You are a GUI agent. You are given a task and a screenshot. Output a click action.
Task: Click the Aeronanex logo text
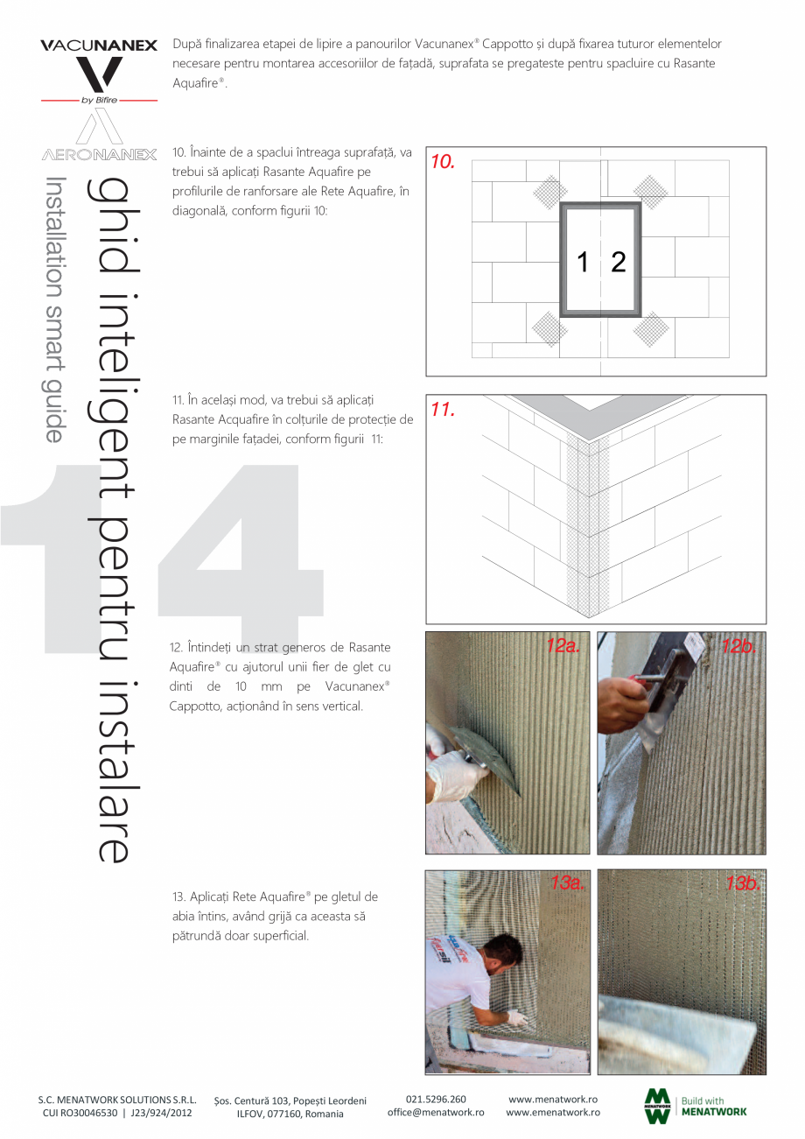(x=98, y=155)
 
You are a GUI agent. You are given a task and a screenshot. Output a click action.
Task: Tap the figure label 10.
(x=443, y=162)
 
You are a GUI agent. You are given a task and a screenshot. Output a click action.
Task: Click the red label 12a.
(x=563, y=646)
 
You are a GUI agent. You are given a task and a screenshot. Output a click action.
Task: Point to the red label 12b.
(x=740, y=646)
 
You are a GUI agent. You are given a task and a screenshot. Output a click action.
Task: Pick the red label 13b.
(x=742, y=883)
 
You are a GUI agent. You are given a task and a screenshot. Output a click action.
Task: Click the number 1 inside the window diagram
(x=583, y=262)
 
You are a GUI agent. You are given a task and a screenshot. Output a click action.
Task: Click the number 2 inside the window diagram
(x=619, y=262)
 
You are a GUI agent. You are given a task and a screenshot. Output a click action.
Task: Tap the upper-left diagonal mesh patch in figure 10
(x=548, y=191)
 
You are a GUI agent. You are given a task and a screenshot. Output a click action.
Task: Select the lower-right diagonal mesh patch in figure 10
(x=651, y=329)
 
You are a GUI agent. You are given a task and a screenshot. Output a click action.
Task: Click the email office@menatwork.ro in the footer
(x=436, y=1112)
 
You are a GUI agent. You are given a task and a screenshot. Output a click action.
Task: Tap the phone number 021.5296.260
(x=436, y=1099)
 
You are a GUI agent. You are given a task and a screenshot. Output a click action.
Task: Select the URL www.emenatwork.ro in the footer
(x=553, y=1112)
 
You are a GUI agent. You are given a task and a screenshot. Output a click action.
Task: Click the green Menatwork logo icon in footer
(x=657, y=1106)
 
